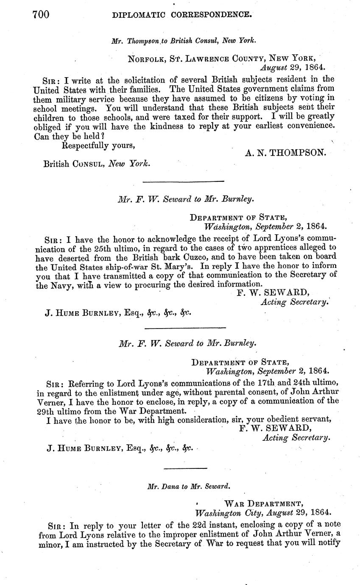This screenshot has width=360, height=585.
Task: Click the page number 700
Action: pos(42,15)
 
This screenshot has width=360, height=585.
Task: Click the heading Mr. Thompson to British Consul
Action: pos(184,41)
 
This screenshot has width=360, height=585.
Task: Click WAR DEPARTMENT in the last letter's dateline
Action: pos(263,504)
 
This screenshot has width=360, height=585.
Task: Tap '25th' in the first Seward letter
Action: pos(103,248)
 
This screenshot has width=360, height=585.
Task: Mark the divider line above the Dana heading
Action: pos(185,468)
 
